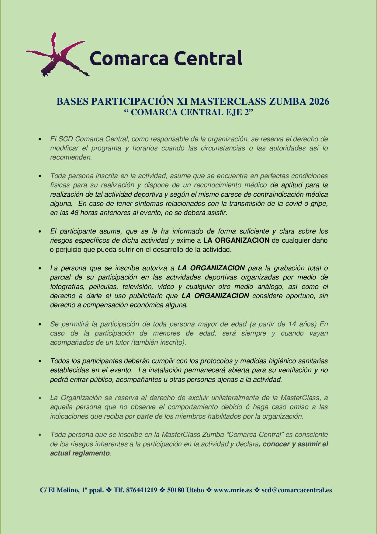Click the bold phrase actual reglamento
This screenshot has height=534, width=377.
click(x=80, y=453)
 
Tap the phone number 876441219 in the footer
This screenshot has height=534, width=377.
click(x=141, y=490)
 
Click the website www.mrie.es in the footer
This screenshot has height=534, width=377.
click(x=233, y=490)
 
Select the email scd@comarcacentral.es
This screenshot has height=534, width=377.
click(x=297, y=490)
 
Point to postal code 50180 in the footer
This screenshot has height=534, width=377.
click(x=176, y=490)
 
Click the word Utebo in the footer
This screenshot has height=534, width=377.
click(x=195, y=490)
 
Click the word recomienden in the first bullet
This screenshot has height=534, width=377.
click(x=70, y=157)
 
